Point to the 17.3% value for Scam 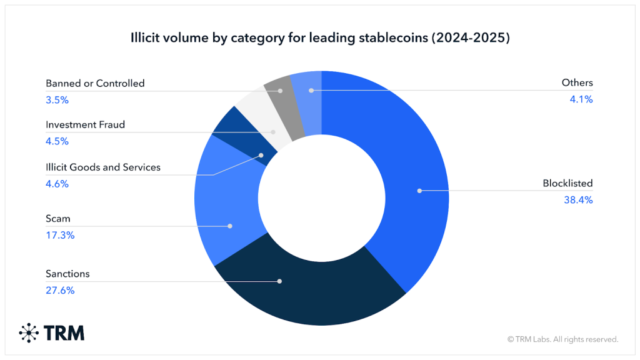60,235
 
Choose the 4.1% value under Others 581,99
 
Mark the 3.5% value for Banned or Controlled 57,99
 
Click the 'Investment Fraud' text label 85,124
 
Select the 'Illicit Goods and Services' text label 103,167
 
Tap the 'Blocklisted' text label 567,184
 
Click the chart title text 320,37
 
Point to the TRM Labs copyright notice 562,339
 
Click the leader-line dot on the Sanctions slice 279,281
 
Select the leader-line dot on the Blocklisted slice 419,190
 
